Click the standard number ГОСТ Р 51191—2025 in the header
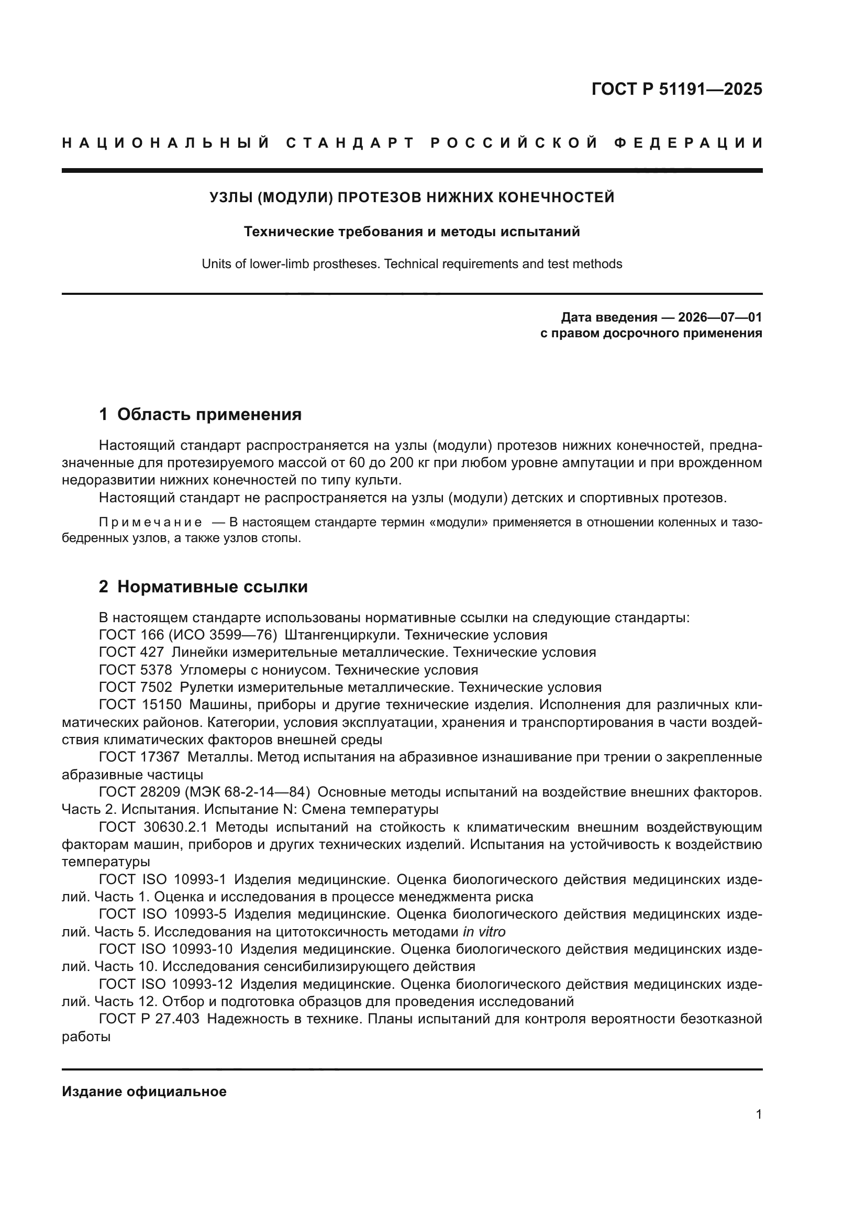tap(676, 89)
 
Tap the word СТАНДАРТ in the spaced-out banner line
tap(350, 143)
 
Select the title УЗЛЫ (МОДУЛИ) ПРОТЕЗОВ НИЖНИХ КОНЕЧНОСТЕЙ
tap(412, 197)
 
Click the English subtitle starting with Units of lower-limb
tap(412, 264)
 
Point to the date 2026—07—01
tap(720, 317)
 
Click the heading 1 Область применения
tap(201, 414)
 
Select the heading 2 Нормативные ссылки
tap(203, 587)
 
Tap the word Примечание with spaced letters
tap(150, 522)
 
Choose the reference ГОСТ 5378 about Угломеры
tap(136, 670)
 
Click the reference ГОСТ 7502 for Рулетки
tap(136, 687)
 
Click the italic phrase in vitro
tap(484, 932)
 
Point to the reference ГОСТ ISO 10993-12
tap(166, 985)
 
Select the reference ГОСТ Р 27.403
tap(149, 1019)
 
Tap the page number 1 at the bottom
tap(758, 1114)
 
